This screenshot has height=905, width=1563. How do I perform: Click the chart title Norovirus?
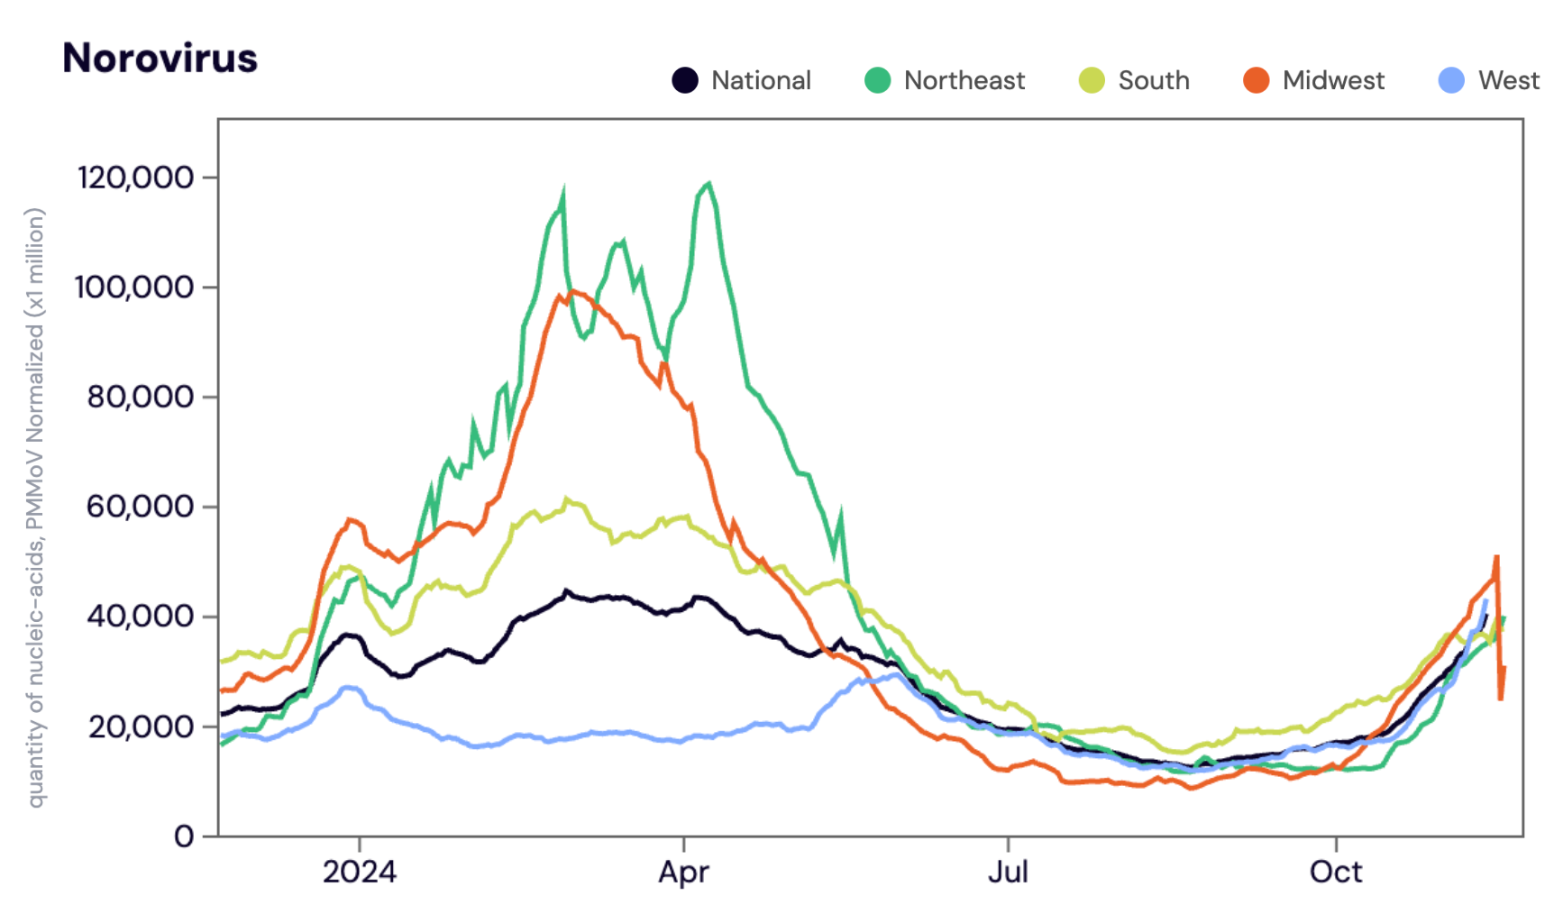[160, 59]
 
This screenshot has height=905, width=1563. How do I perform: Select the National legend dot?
[685, 80]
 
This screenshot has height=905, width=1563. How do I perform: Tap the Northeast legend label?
[964, 80]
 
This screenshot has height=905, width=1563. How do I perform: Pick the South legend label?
[1154, 80]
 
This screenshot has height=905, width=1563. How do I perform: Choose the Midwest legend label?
[1333, 80]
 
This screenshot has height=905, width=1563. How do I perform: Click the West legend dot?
[1451, 80]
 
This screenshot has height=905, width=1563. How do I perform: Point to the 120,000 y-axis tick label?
[135, 178]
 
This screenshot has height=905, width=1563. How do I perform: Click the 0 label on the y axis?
[183, 836]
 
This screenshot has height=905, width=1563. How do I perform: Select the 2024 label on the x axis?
[359, 872]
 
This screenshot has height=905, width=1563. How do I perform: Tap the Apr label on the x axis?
[683, 872]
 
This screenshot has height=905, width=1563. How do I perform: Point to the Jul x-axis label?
[1007, 872]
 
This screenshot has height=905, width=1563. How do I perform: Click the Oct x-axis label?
[1336, 872]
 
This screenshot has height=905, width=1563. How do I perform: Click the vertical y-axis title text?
[34, 507]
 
